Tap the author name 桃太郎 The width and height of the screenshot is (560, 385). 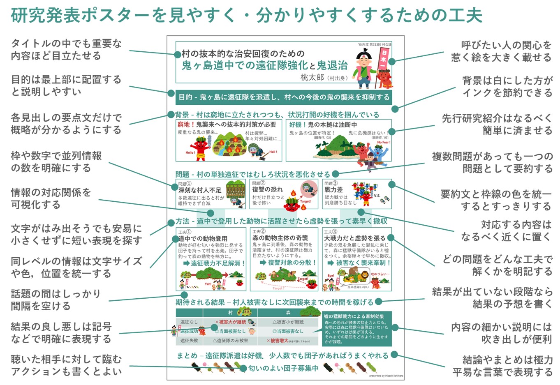[312, 77]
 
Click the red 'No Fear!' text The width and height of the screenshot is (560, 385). [383, 143]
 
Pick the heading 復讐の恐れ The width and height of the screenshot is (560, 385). [267, 189]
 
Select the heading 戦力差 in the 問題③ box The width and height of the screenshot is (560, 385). [333, 189]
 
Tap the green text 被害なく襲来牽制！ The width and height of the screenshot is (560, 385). [363, 263]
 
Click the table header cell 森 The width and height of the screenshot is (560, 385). [288, 313]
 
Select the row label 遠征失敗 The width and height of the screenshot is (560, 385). [189, 340]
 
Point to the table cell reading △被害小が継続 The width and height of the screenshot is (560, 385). [288, 322]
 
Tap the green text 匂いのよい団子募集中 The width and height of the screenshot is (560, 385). [283, 368]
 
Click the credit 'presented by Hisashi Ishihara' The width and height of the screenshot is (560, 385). [386, 376]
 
